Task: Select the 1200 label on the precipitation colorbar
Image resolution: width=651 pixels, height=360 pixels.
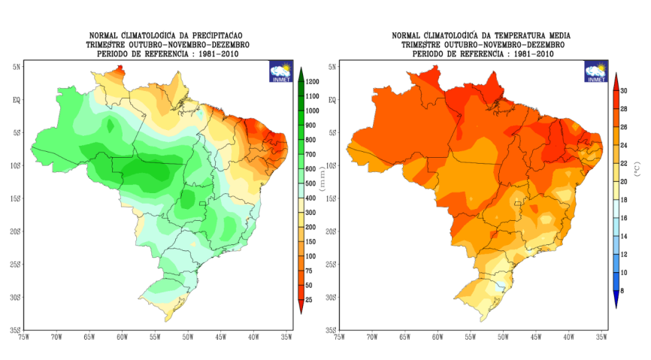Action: [x=313, y=81]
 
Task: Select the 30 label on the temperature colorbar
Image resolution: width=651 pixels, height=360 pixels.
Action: [x=623, y=90]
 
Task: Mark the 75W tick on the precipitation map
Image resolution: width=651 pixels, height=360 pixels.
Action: [x=23, y=337]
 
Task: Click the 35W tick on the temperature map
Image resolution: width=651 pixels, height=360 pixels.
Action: [x=601, y=337]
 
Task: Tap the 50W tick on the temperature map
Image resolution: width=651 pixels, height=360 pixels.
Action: [x=503, y=337]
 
